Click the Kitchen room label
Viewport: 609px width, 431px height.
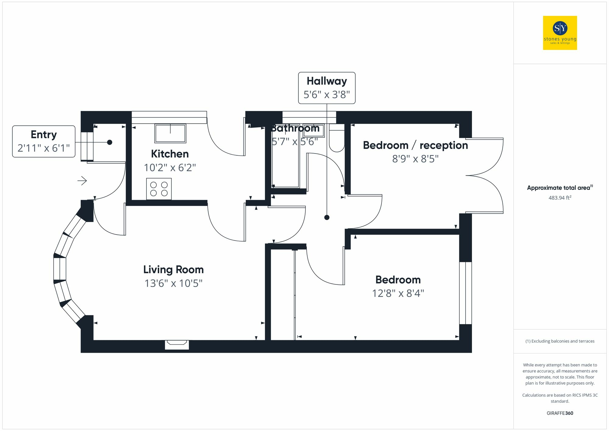170,154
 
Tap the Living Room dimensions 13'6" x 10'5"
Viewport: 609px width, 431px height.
173,283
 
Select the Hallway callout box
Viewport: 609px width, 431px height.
326,88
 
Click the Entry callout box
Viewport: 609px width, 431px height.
44,141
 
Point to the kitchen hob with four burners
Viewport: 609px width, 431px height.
159,189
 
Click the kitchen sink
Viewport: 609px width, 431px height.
170,133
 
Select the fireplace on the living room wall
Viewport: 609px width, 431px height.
177,344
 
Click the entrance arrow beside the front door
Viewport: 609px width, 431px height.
82,181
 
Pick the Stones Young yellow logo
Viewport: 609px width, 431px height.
560,33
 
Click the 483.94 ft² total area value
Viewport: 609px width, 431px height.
560,198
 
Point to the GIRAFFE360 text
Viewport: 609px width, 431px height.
560,413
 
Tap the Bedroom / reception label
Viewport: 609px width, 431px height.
415,145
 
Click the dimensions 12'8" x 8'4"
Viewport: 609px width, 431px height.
398,293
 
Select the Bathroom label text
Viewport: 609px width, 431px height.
295,128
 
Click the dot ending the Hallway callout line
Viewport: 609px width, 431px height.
327,217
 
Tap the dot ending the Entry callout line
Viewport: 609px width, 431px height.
110,142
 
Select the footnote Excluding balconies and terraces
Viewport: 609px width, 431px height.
560,341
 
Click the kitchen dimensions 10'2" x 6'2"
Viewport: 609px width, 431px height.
170,168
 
